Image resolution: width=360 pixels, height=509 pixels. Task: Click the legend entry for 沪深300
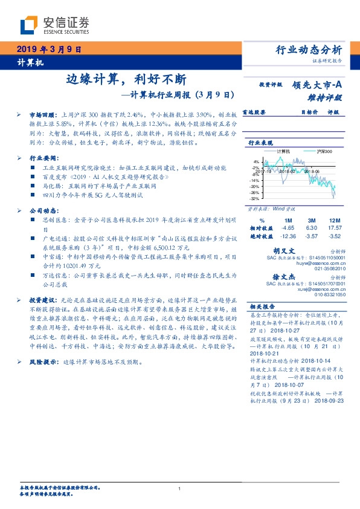click(325, 151)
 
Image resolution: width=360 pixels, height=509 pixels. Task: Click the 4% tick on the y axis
click(256, 162)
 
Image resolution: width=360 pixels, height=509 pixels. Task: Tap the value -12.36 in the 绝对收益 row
click(288, 236)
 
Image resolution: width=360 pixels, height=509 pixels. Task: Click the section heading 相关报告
click(263, 306)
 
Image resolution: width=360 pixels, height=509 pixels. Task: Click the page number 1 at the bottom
click(179, 489)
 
